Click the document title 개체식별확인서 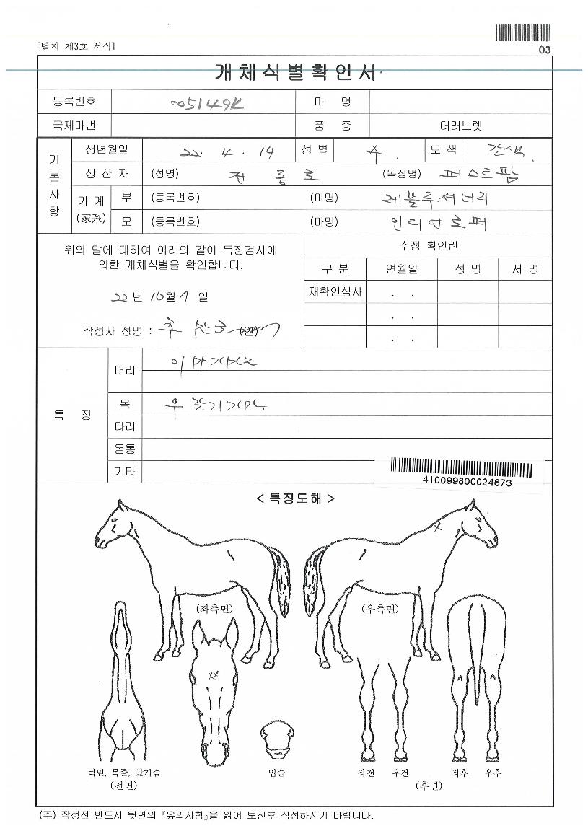pyautogui.click(x=295, y=73)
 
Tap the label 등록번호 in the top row pyautogui.click(x=74, y=102)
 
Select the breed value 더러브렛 pyautogui.click(x=460, y=126)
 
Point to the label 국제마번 pyautogui.click(x=74, y=126)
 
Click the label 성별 pyautogui.click(x=315, y=150)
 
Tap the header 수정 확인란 pyautogui.click(x=429, y=246)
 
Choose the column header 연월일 pyautogui.click(x=401, y=269)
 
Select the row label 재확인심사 pyautogui.click(x=335, y=291)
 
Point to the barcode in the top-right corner pyautogui.click(x=523, y=32)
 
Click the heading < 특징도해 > pyautogui.click(x=294, y=498)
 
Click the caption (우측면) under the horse pyautogui.click(x=379, y=609)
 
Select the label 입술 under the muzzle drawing pyautogui.click(x=276, y=773)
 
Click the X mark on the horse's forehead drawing pyautogui.click(x=213, y=675)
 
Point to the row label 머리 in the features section pyautogui.click(x=125, y=370)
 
